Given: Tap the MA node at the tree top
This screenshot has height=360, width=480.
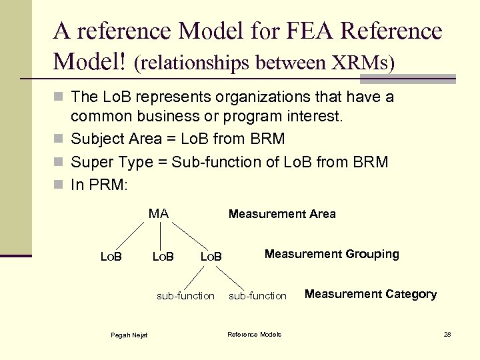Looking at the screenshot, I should click(158, 214).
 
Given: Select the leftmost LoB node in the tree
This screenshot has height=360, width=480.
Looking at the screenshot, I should click(111, 256).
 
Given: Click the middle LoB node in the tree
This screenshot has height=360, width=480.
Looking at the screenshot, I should click(163, 256).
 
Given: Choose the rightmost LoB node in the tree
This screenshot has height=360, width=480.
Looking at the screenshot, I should click(211, 256).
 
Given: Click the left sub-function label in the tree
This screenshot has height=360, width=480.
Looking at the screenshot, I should click(185, 295).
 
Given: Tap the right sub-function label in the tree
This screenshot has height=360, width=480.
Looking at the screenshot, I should click(257, 295).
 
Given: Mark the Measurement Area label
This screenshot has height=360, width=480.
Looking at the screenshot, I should click(282, 214).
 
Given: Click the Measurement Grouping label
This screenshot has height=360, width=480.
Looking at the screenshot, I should click(331, 254).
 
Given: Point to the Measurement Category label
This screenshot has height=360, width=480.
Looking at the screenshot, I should click(371, 294).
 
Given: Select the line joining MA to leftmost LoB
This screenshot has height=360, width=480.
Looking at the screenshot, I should click(129, 235).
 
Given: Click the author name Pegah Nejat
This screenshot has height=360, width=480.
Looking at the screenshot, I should click(129, 335).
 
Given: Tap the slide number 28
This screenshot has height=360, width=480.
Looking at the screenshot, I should click(447, 334).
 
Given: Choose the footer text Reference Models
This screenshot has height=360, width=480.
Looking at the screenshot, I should click(254, 335).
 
